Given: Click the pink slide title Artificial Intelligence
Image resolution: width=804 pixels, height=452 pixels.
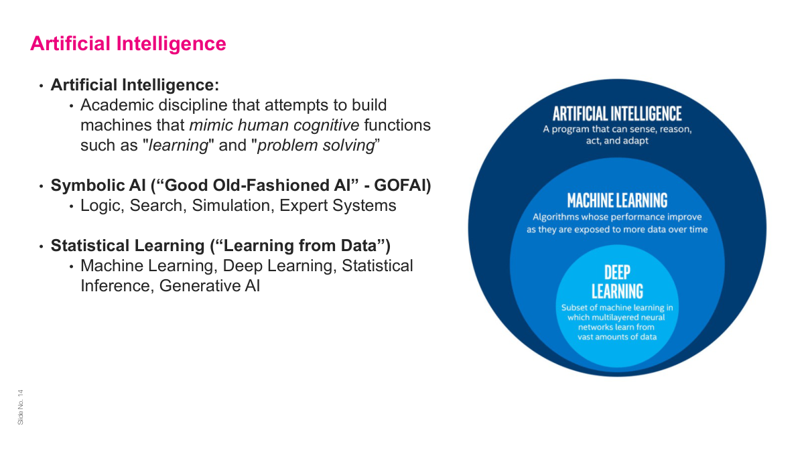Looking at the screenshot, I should coord(128,44).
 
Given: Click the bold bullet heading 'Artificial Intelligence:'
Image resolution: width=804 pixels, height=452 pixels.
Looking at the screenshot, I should coord(135,85).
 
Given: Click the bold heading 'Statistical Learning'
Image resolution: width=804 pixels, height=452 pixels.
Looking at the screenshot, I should coord(121,246).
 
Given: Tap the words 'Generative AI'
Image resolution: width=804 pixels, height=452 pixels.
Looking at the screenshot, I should coord(209,286).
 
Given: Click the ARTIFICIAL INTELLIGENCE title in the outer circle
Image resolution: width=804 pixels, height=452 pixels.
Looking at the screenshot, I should coord(617,114).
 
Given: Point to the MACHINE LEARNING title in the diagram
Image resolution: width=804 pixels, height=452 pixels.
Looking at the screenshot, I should coord(617,200).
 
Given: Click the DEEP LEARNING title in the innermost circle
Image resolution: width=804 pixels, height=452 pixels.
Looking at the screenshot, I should coord(617,281).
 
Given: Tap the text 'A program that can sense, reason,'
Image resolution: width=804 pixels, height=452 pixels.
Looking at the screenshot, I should coord(617,129).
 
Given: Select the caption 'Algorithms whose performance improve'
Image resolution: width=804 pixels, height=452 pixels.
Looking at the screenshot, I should coord(617,217).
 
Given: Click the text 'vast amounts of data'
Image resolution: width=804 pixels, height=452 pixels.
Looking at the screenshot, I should coord(617,337).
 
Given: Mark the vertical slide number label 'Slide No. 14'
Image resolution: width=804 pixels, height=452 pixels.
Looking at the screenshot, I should coord(20,406).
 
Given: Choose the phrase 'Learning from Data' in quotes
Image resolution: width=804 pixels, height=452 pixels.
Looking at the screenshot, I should coord(295,246).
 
